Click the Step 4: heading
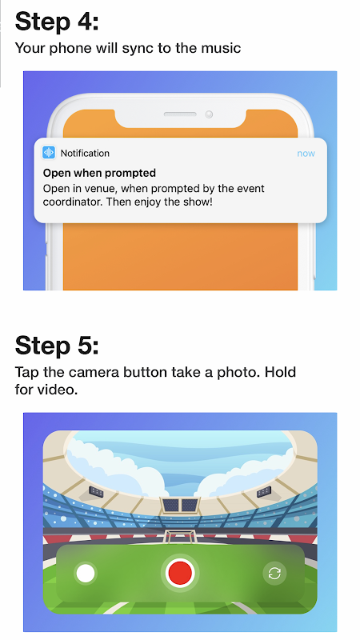(57, 22)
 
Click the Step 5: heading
(57, 346)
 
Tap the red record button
(180, 572)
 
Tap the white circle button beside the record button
(86, 573)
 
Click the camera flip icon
(274, 574)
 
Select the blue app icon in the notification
(49, 153)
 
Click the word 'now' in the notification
(306, 154)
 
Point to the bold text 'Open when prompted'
(99, 173)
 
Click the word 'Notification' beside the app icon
(85, 153)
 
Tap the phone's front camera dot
(209, 114)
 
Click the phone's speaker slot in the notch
(180, 114)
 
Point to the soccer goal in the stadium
(179, 535)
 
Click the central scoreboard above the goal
(179, 505)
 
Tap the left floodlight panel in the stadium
(96, 491)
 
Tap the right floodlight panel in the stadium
(264, 492)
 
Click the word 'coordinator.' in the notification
(73, 202)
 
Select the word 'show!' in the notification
(198, 202)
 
